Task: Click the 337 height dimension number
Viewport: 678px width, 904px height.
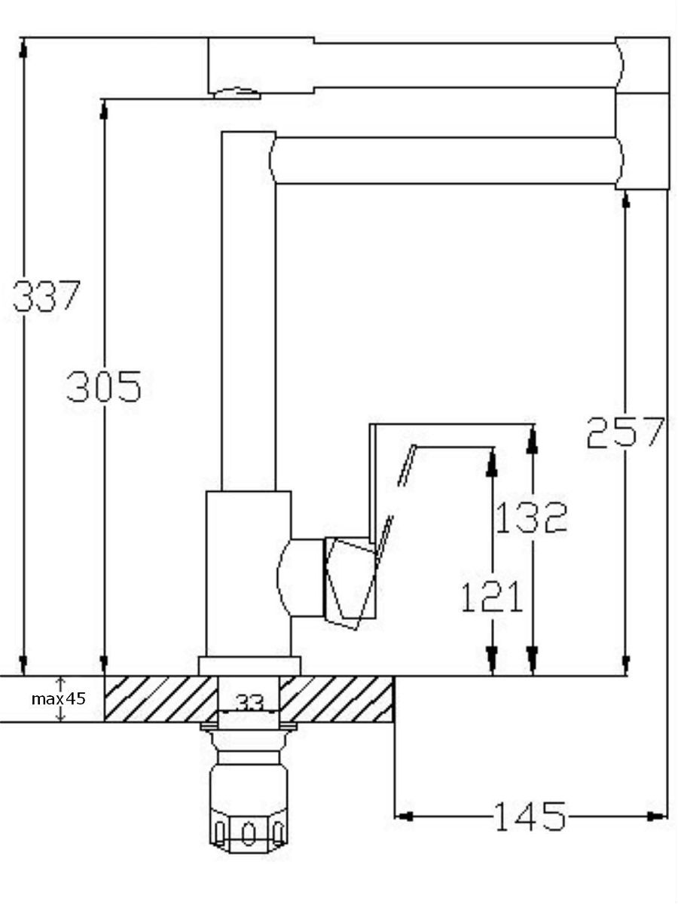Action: [46, 296]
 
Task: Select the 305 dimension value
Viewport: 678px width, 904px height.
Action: [104, 386]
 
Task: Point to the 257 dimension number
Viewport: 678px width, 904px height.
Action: [626, 432]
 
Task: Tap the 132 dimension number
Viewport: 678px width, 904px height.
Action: [531, 518]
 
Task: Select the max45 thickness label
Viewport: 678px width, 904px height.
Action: [59, 698]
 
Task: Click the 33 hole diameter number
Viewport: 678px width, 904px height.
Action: [250, 704]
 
